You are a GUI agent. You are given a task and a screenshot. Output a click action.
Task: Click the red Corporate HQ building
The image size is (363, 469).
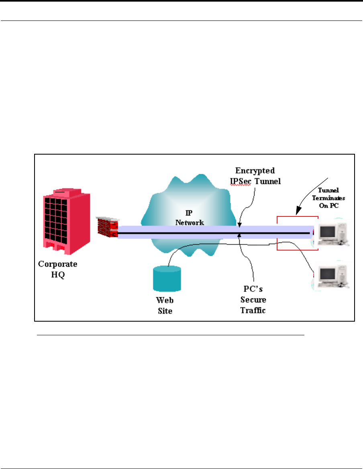[x=67, y=221]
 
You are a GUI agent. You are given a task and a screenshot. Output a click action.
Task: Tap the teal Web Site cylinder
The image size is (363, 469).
[x=167, y=279]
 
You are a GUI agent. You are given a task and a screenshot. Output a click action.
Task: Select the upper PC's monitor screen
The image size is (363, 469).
[x=327, y=232]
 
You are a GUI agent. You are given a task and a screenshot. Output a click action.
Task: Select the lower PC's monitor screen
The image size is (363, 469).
[x=327, y=275]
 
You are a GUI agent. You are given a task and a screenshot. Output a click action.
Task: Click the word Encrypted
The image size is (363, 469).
[x=255, y=171]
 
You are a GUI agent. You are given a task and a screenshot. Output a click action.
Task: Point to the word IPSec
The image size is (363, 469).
[x=241, y=181]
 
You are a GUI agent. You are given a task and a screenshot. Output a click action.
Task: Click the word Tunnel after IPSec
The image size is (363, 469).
[x=268, y=181]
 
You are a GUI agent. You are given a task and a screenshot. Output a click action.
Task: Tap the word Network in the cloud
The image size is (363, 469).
[x=190, y=222]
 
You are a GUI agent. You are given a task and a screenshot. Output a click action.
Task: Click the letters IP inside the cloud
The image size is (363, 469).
[x=189, y=213]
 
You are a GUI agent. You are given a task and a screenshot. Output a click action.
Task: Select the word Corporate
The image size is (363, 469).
[x=58, y=264]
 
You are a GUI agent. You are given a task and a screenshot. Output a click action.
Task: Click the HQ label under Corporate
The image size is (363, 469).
[x=58, y=275]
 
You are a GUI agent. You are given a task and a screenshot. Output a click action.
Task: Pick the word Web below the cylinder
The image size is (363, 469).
[x=165, y=300]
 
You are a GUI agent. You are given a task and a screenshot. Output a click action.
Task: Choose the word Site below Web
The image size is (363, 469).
[x=165, y=311]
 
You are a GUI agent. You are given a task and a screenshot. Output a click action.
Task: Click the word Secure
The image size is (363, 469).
[x=253, y=300]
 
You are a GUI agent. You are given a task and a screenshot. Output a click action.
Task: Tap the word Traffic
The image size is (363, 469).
[x=253, y=310]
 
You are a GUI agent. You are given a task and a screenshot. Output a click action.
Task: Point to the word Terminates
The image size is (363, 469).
[x=328, y=198]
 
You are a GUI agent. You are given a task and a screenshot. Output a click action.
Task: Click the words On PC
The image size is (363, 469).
[x=328, y=206]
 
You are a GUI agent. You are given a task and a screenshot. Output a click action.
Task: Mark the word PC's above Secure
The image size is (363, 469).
[x=253, y=289]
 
